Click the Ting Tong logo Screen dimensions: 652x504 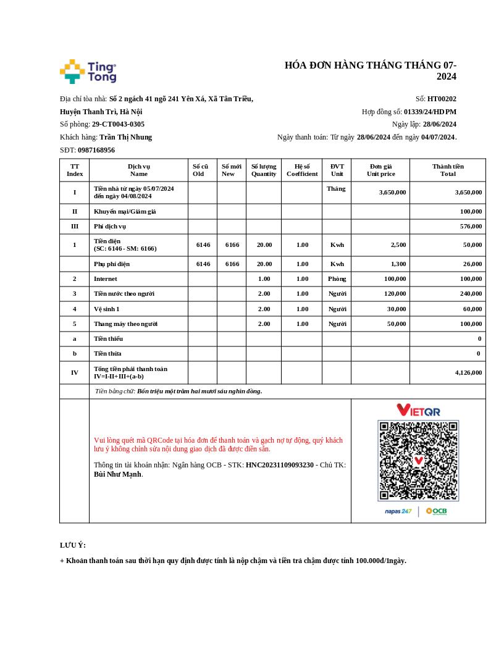[88, 72]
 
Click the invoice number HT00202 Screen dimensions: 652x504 [442, 99]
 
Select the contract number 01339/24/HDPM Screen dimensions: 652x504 [430, 112]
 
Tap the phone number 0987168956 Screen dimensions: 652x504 [96, 150]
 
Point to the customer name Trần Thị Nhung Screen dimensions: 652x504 [125, 137]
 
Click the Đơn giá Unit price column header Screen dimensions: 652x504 [380, 170]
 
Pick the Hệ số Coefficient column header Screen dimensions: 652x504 [302, 170]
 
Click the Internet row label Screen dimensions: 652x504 [106, 279]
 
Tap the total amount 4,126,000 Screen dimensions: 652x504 [468, 372]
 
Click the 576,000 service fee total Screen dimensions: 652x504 [471, 227]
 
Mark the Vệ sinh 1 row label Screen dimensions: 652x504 [107, 309]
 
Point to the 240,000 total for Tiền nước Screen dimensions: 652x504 [471, 294]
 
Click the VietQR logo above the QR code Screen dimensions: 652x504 [418, 410]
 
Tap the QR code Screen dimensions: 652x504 [418, 461]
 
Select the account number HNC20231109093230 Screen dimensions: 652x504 [280, 465]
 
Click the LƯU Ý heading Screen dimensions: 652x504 [73, 545]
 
